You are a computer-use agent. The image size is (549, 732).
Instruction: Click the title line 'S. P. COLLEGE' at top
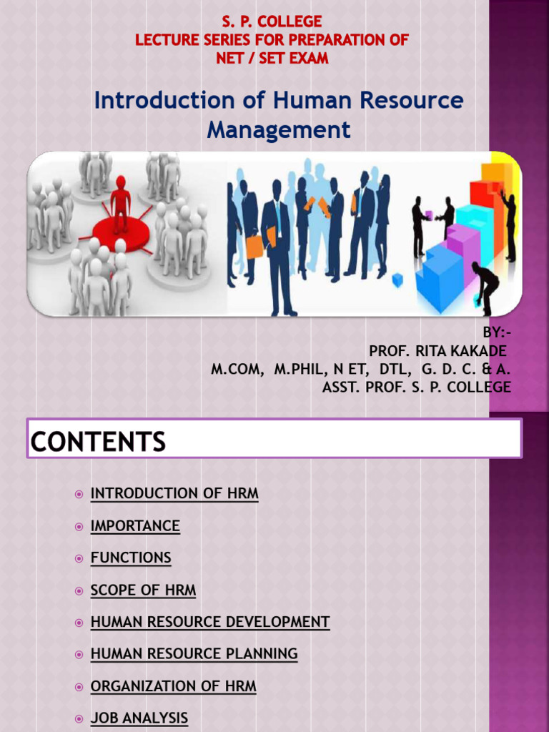tap(272, 21)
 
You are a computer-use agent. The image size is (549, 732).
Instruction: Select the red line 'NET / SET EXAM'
tap(272, 59)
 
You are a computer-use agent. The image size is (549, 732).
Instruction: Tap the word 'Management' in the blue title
tap(279, 130)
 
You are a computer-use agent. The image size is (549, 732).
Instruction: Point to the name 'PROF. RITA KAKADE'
tap(437, 351)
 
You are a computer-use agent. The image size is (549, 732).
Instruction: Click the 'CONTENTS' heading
tap(98, 442)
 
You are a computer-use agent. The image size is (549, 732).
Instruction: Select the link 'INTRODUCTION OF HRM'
tap(174, 493)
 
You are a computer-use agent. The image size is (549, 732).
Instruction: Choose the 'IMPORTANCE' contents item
tap(135, 526)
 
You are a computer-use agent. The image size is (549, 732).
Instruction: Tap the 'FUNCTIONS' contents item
tap(131, 558)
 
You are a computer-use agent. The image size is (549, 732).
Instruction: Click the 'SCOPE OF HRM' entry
tap(143, 590)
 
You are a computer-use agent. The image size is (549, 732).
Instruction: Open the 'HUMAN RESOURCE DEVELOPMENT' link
tap(210, 622)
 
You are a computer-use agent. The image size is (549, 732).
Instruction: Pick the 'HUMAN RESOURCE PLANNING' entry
tap(194, 654)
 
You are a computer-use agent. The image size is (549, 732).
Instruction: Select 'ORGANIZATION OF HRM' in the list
tap(173, 686)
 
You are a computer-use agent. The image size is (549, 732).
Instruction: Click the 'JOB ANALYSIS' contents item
tap(139, 718)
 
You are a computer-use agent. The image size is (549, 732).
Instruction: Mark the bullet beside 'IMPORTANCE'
tap(79, 527)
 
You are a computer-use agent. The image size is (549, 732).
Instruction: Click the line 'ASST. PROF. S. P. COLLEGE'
tap(417, 387)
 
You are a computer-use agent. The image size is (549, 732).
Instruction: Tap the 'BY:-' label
tap(497, 332)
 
